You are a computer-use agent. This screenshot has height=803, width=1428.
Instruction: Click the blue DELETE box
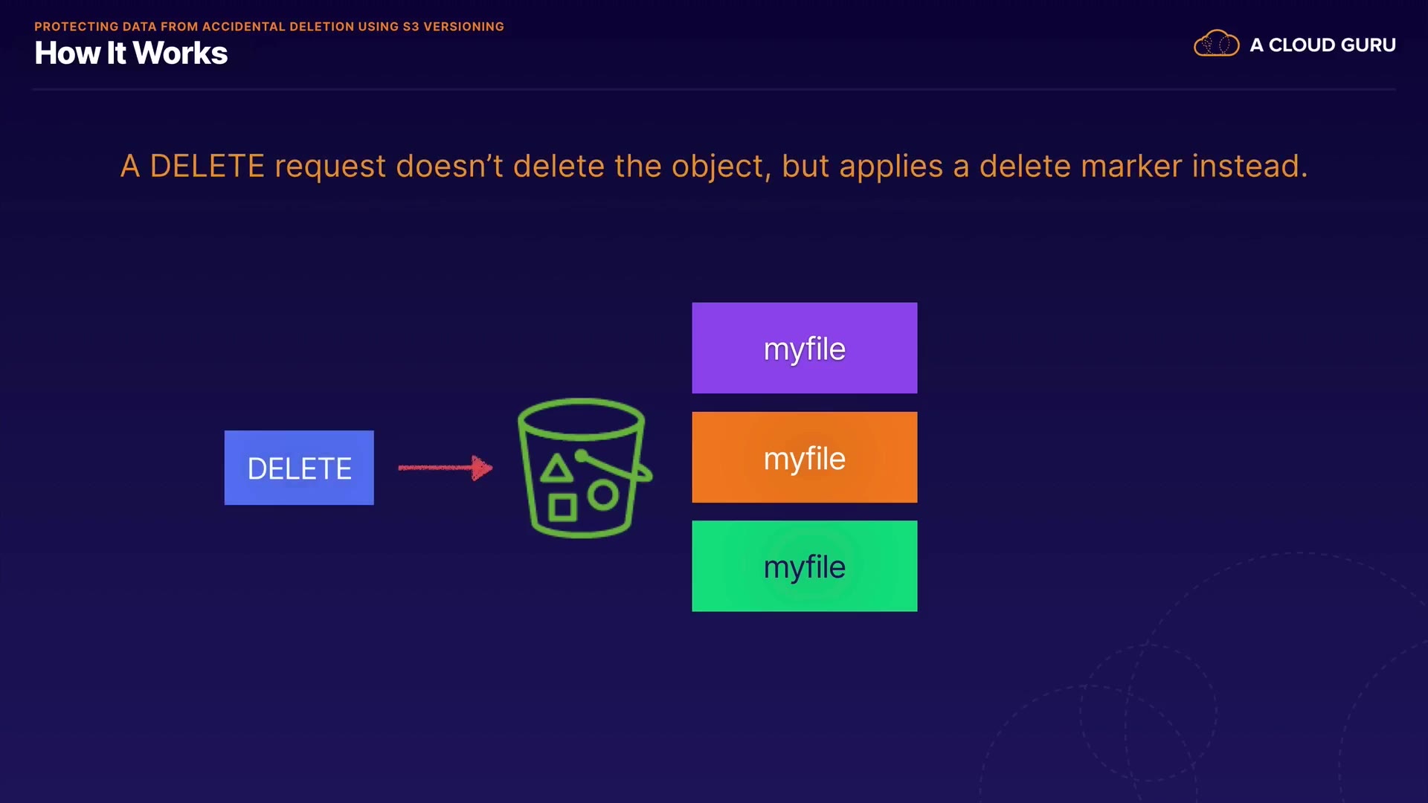point(299,468)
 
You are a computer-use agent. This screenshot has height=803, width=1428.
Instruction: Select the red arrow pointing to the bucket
point(445,468)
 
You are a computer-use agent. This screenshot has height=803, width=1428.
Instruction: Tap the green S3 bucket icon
point(585,468)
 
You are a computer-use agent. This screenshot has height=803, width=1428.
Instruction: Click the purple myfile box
point(805,348)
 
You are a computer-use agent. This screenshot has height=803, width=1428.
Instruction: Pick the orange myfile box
point(805,457)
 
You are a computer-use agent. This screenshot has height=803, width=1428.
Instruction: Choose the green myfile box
point(805,567)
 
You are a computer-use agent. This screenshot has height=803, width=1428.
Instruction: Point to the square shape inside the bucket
point(562,508)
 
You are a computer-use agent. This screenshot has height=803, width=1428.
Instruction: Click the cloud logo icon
point(1217,44)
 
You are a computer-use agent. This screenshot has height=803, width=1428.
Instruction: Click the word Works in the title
point(181,54)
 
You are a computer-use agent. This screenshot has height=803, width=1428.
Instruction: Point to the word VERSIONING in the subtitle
point(464,27)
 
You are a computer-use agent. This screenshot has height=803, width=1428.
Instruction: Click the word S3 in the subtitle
point(411,27)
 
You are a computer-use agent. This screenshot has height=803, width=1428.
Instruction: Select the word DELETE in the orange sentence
point(208,166)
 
